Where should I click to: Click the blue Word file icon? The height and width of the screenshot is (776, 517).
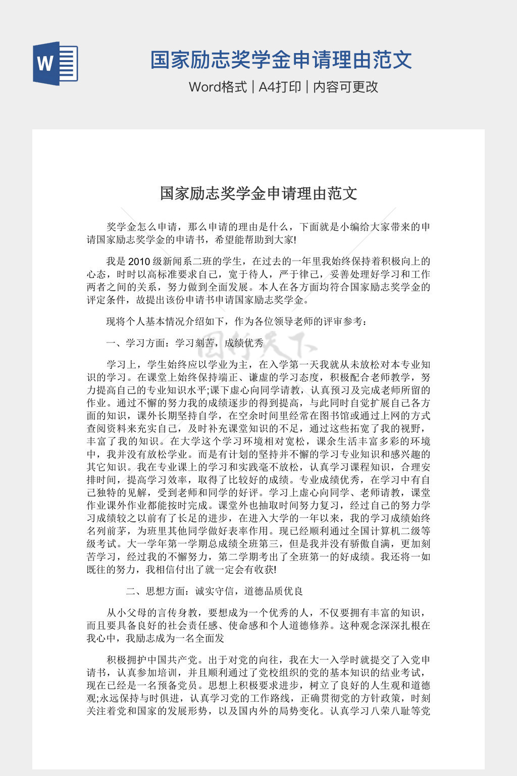tap(56, 64)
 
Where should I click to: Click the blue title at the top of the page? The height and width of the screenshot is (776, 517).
tap(281, 60)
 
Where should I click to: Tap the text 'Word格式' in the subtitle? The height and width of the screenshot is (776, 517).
tap(218, 87)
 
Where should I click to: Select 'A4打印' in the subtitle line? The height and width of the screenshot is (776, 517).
tap(280, 87)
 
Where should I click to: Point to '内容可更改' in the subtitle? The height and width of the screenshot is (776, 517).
tap(346, 87)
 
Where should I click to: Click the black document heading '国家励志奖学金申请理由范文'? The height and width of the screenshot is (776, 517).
tap(258, 193)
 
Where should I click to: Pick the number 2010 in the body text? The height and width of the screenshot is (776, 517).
tap(139, 262)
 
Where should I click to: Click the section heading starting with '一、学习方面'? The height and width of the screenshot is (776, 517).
tap(185, 343)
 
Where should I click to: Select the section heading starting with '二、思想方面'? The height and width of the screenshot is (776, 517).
tap(215, 591)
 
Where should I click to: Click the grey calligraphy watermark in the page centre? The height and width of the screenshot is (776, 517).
tap(258, 344)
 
